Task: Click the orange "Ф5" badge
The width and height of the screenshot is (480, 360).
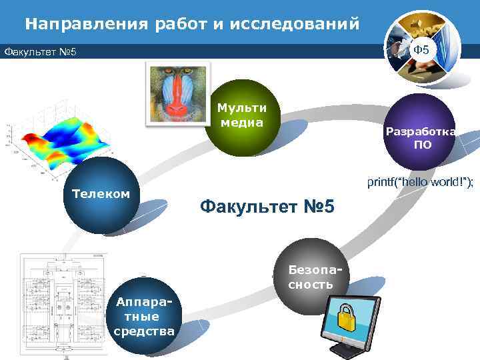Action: click(421, 51)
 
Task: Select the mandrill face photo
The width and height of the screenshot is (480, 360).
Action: click(177, 93)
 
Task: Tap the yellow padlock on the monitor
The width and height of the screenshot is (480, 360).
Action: click(349, 319)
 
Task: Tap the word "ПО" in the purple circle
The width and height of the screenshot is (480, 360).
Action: click(422, 145)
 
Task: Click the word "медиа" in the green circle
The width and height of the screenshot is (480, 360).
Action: click(241, 123)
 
